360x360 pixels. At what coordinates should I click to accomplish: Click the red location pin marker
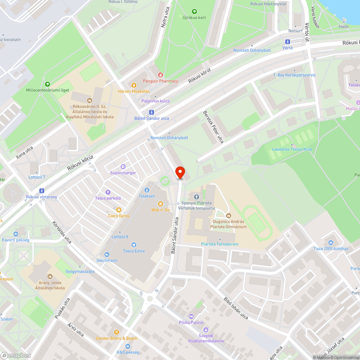click(x=180, y=172)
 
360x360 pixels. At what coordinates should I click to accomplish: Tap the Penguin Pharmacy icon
click(x=161, y=75)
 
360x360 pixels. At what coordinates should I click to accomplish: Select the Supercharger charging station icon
click(x=123, y=167)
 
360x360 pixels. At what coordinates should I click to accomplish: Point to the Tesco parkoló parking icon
click(x=108, y=192)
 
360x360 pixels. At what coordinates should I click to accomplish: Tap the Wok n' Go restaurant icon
click(x=161, y=204)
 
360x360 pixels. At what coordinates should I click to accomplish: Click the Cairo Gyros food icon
click(x=118, y=210)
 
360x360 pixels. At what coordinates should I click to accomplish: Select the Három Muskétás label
click(x=134, y=91)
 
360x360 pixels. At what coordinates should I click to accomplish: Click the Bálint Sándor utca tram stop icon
click(x=152, y=112)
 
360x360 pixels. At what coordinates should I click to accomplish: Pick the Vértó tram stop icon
click(x=288, y=42)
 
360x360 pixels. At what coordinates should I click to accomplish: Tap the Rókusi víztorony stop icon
click(x=42, y=191)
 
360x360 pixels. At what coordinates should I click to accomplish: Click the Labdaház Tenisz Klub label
click(x=292, y=149)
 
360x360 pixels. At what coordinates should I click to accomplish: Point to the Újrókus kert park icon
click(x=194, y=12)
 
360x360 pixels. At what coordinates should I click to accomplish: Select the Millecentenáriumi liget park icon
click(x=48, y=84)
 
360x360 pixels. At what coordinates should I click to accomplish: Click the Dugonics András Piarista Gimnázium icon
click(x=228, y=216)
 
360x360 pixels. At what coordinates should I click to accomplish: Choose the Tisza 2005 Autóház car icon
click(x=331, y=242)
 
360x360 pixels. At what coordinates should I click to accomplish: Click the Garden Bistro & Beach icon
click(x=116, y=332)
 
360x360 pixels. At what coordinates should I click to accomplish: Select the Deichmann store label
click(x=107, y=260)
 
